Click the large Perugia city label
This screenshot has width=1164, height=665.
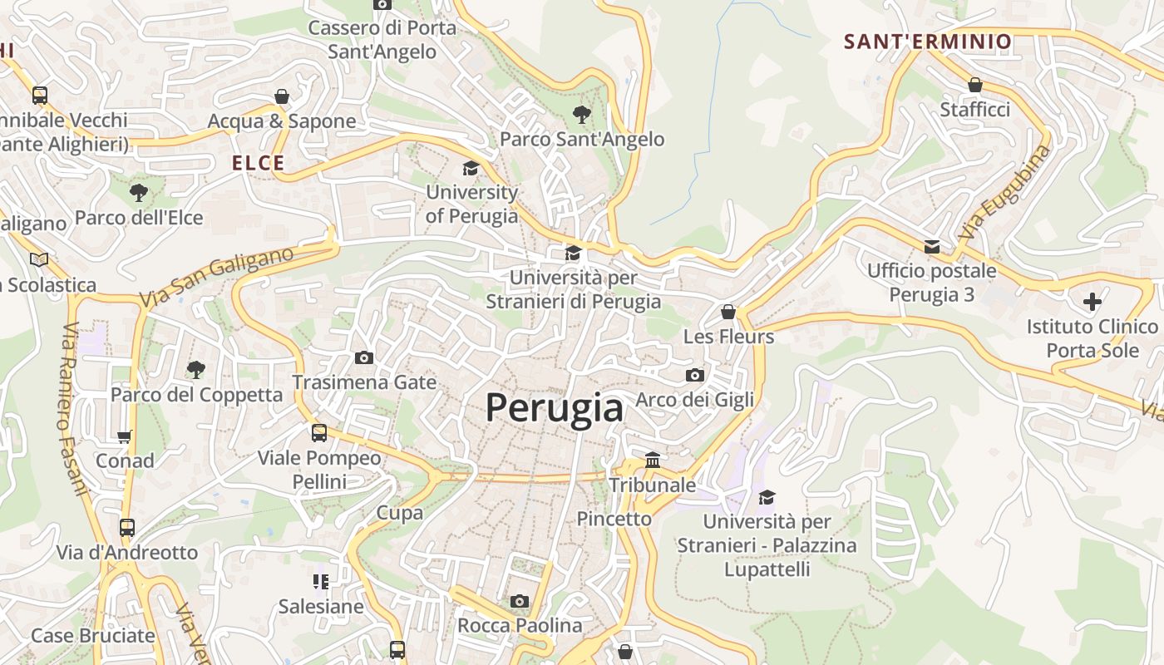click(554, 408)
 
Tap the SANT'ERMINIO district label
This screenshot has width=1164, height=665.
click(928, 42)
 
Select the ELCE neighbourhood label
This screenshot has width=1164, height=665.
click(259, 163)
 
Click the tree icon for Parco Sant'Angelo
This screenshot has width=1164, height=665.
click(581, 114)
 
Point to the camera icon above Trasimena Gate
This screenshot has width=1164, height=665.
click(363, 358)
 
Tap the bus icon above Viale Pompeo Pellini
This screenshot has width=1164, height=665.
click(319, 433)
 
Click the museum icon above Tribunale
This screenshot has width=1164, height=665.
click(653, 460)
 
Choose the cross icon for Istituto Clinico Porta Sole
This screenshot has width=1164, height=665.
click(1092, 301)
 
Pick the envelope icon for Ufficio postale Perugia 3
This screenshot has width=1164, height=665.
click(931, 246)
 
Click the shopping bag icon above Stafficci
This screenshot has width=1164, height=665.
click(974, 85)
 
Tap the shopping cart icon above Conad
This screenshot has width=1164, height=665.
click(125, 436)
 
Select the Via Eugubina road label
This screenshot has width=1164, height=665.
click(1004, 193)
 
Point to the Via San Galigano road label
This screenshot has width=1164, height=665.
click(216, 277)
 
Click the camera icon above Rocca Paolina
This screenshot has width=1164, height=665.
click(520, 601)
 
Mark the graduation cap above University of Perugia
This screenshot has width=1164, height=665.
click(471, 168)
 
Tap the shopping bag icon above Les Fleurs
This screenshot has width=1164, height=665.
click(728, 312)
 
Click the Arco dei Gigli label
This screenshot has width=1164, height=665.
click(694, 400)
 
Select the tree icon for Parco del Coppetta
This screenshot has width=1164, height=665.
click(196, 369)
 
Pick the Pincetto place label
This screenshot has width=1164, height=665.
click(614, 519)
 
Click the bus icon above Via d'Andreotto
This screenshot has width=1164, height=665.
click(127, 528)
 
